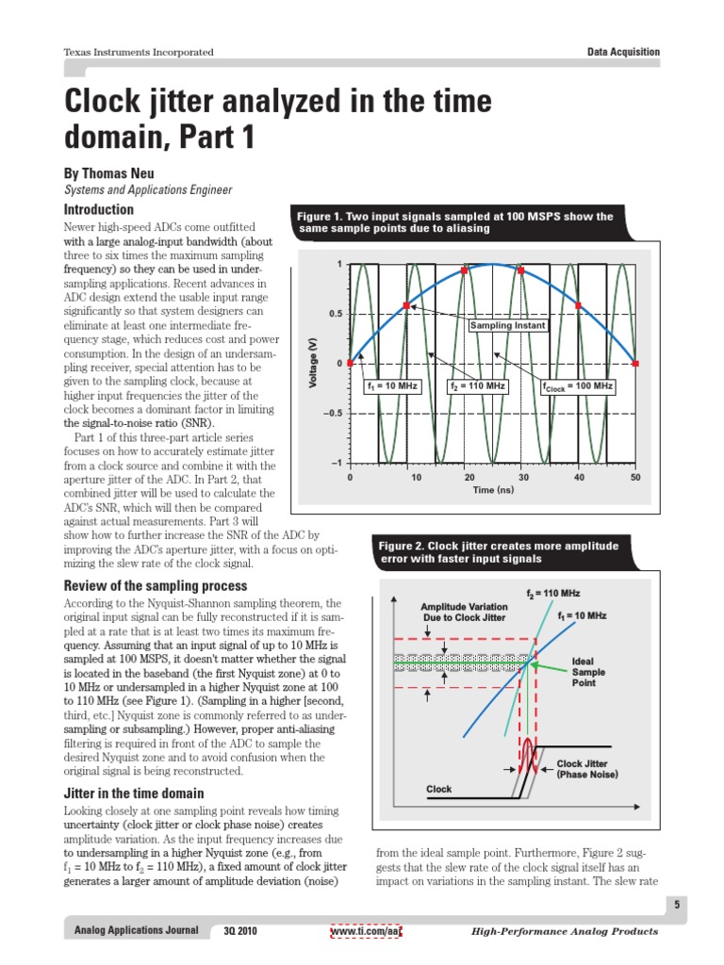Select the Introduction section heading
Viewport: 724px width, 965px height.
[98, 209]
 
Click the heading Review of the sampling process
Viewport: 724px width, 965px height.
[155, 586]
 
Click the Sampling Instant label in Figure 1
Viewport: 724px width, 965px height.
[509, 325]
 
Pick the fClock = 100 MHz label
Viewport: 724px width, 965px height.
[577, 386]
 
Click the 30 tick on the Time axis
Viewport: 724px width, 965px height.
[522, 478]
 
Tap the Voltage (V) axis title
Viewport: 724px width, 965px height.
[313, 363]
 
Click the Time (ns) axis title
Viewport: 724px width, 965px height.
[492, 491]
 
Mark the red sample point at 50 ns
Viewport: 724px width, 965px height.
[635, 363]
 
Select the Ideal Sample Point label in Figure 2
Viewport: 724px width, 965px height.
[589, 673]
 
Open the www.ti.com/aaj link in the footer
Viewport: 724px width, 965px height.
[366, 931]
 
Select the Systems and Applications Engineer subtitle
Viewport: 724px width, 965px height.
[147, 190]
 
